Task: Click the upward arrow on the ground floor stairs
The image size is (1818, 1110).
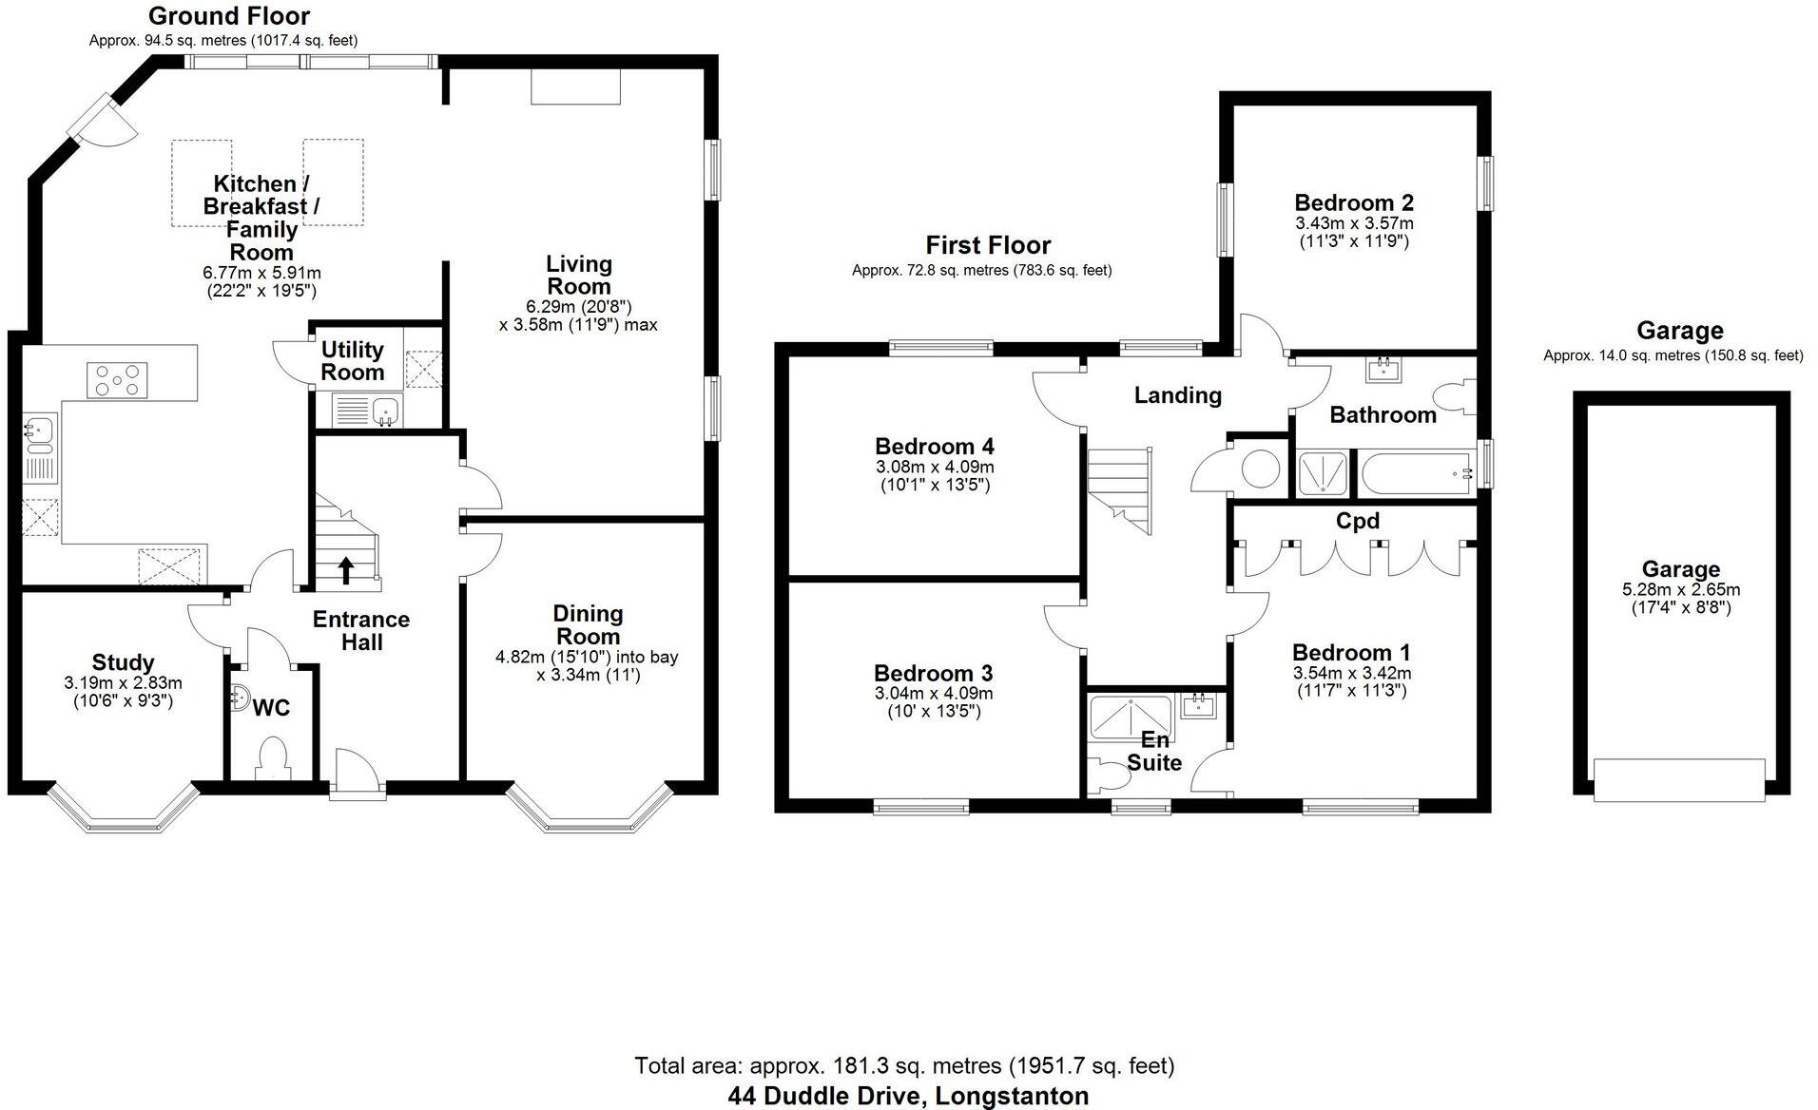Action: click(346, 569)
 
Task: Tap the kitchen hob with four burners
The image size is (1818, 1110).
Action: click(117, 380)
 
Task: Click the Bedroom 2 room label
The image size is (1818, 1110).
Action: click(1354, 202)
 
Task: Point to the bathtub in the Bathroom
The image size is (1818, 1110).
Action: click(1416, 472)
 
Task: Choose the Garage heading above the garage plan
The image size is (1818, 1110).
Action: click(1679, 331)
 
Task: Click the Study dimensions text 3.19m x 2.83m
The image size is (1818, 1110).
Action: click(124, 682)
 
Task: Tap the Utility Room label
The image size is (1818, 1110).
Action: click(352, 361)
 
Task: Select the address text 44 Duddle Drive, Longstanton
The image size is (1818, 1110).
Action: click(908, 1096)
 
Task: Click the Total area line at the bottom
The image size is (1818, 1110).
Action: click(904, 1065)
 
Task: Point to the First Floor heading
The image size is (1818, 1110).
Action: click(988, 245)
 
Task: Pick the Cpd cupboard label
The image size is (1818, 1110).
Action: click(1357, 521)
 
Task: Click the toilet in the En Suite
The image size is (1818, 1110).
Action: click(1107, 775)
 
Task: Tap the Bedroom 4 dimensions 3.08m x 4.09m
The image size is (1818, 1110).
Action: click(935, 467)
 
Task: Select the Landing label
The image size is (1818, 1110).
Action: click(1177, 395)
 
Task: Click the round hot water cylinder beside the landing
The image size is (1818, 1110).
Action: click(1261, 469)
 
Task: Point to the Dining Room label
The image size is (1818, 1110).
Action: click(588, 625)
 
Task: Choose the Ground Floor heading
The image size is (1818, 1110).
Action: click(229, 16)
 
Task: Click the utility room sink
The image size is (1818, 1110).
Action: click(385, 411)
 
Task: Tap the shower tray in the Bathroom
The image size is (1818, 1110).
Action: click(1323, 473)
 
